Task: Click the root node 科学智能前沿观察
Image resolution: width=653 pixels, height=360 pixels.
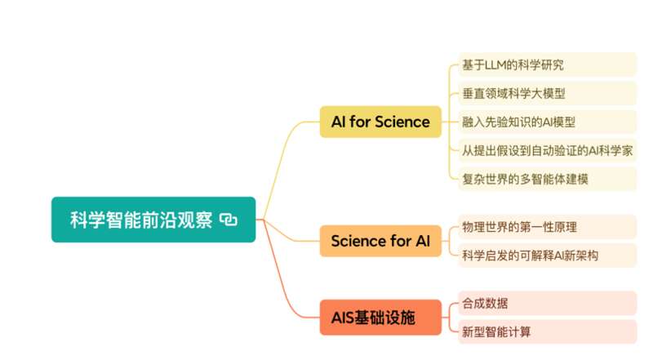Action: (x=153, y=220)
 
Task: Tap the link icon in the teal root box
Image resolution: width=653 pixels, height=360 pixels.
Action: (x=229, y=220)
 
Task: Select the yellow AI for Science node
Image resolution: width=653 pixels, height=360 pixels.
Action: (x=380, y=122)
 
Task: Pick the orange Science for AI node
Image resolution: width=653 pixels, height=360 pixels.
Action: (x=380, y=241)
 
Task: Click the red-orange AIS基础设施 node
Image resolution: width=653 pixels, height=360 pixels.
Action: (x=380, y=318)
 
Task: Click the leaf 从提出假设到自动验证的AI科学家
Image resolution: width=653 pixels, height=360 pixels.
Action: (x=547, y=150)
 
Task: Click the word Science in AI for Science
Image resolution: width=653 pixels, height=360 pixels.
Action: (x=402, y=122)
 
